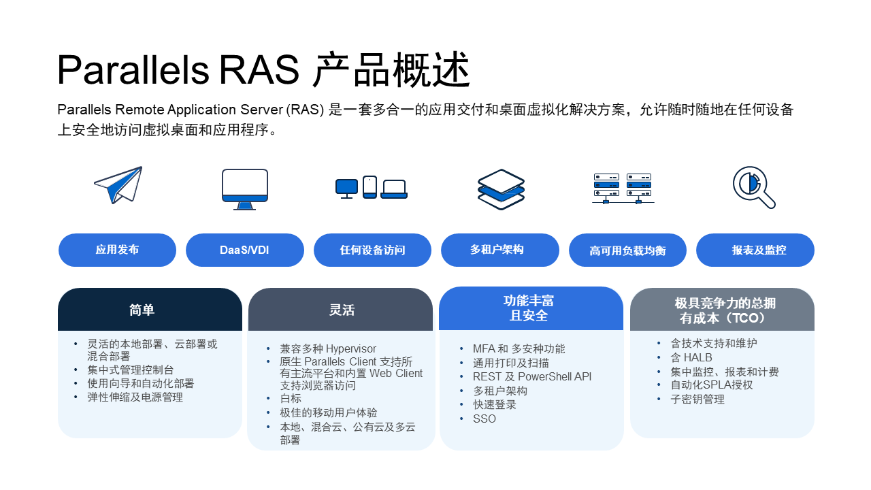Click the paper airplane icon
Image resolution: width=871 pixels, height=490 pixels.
118,184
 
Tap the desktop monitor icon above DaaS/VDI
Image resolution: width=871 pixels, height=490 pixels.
245,189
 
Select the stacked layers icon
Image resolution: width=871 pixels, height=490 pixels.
501,189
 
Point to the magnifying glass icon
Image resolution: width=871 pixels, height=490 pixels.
754,187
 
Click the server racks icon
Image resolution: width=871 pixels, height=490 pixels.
623,188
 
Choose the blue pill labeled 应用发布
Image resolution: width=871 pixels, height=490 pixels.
117,250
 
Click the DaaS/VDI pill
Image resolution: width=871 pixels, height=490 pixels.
245,250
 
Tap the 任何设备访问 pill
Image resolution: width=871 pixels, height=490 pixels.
372,250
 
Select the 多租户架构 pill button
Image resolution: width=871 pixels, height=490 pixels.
499,250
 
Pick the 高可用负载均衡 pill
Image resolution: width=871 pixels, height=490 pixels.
627,250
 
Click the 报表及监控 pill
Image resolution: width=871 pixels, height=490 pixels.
755,250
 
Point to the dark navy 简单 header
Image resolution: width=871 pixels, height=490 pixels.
150,310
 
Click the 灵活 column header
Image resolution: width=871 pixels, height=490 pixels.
340,310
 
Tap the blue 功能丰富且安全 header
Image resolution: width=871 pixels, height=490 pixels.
531,308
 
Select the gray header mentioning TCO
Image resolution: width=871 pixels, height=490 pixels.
722,310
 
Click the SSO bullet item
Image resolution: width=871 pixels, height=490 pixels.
484,419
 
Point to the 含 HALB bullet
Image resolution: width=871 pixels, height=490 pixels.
691,357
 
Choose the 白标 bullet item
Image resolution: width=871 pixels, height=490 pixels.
291,398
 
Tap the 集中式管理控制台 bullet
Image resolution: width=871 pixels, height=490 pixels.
131,370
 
